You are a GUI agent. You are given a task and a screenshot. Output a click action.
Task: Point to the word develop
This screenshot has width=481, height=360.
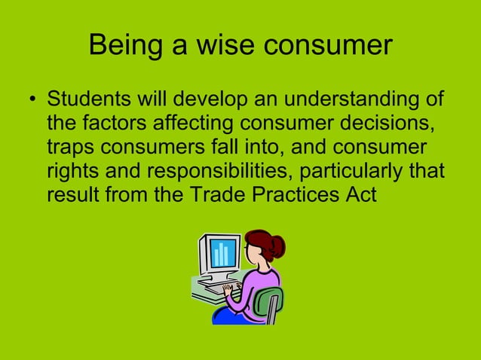click(203, 100)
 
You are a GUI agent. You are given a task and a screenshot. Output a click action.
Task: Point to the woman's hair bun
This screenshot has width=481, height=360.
click(277, 244)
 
